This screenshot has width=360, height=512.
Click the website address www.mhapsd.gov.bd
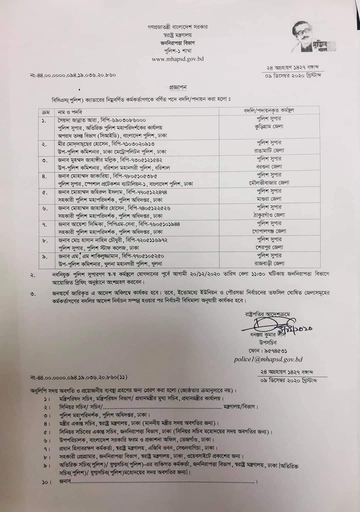tap(178, 59)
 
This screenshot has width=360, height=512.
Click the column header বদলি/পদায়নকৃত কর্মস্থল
tap(269, 110)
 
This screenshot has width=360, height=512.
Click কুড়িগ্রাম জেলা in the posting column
tap(269, 127)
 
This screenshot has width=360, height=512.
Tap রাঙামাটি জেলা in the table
tap(269, 150)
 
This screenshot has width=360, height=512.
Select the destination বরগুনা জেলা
tap(269, 166)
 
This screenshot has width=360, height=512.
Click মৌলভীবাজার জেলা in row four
tap(269, 183)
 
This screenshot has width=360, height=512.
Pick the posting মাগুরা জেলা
tap(269, 199)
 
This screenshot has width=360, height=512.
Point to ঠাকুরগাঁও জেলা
tap(269, 215)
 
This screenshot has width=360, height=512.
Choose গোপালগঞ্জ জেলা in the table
tap(269, 231)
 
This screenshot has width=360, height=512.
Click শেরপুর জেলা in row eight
tap(269, 247)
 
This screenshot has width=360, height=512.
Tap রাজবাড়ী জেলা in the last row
tap(269, 264)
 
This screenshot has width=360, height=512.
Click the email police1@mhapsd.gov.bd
tap(268, 359)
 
